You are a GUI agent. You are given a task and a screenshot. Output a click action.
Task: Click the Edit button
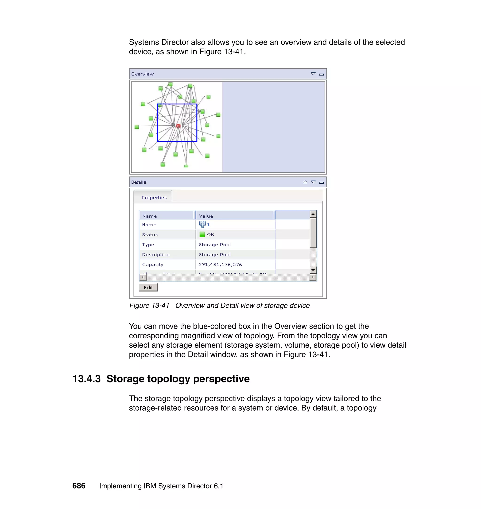[148, 287]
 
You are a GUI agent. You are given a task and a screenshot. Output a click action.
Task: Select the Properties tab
[154, 197]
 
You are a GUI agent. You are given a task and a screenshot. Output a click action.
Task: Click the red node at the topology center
[178, 126]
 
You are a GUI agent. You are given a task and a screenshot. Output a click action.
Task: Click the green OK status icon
[202, 234]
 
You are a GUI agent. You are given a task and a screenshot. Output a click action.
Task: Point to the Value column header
[206, 216]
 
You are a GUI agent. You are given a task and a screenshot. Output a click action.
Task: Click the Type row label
[148, 244]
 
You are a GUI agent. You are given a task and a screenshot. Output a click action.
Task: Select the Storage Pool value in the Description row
[215, 254]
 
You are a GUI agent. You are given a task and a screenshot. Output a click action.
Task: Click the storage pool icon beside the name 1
[202, 224]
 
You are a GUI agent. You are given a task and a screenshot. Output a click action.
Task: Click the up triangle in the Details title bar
[305, 182]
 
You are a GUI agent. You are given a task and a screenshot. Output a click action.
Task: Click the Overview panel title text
[142, 74]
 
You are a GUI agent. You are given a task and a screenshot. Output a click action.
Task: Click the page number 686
[79, 486]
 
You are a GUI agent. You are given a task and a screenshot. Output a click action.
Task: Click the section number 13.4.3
[86, 379]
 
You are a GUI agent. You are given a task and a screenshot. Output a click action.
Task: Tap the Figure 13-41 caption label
[149, 305]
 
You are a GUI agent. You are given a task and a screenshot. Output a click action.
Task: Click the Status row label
[150, 235]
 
